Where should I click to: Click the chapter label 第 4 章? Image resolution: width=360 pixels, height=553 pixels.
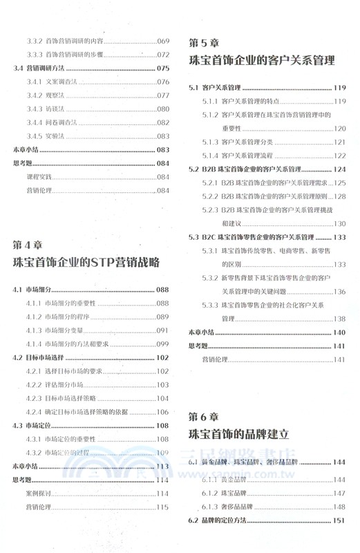[28, 245]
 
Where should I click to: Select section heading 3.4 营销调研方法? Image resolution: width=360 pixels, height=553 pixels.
[41, 68]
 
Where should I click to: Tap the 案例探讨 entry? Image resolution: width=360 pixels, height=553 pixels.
[39, 494]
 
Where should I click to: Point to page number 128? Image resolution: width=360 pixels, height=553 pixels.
[339, 196]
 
